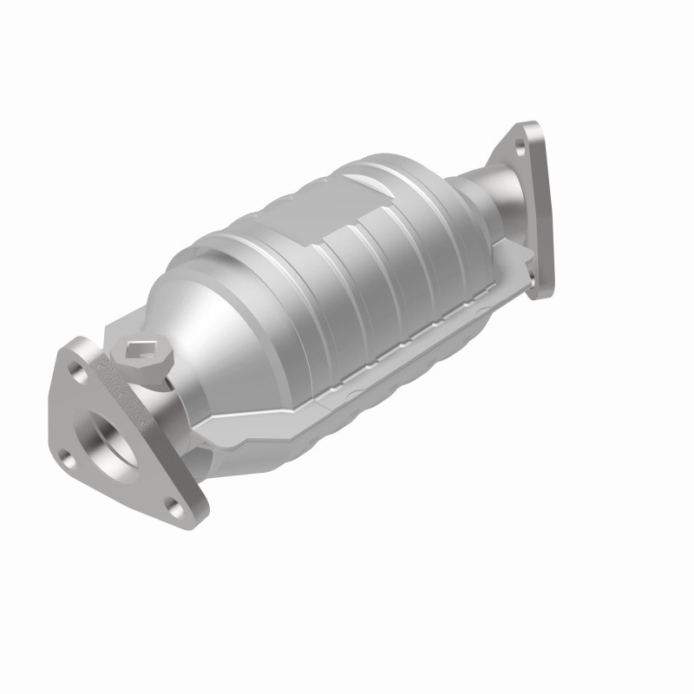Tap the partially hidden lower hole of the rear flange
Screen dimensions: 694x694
coord(532,276)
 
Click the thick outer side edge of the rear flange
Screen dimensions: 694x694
coord(546,217)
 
